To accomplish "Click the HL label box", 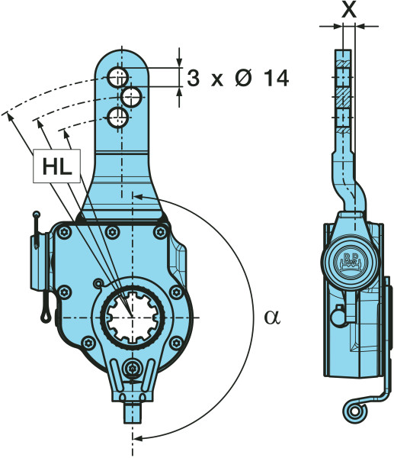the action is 56,166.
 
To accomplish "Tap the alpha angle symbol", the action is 272,318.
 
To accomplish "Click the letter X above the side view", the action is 349,10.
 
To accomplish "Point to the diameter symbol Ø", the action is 243,79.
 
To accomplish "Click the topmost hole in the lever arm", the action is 118,77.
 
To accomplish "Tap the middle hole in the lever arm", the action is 132,97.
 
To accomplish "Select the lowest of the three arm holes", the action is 118,118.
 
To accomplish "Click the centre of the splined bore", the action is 133,318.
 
